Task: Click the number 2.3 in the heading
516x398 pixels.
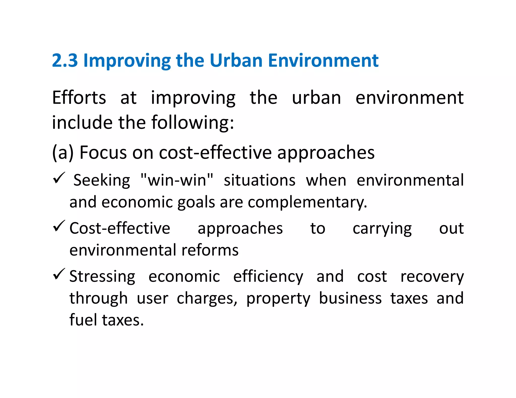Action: tap(65, 61)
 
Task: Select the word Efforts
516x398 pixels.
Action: tap(79, 98)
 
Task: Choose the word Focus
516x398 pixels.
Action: tap(103, 153)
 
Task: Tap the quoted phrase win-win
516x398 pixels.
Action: tap(177, 180)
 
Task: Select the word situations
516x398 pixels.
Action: tap(260, 180)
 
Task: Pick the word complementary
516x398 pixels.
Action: tap(307, 202)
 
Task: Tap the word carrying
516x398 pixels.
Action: tap(382, 229)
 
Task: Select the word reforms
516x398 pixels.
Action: tap(210, 250)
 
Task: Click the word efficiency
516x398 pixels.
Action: tap(268, 276)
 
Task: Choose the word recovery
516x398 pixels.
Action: tap(432, 276)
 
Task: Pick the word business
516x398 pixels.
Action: tap(350, 298)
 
